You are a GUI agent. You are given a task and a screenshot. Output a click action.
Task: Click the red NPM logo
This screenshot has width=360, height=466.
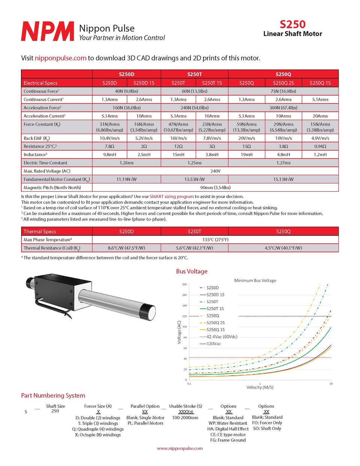(48, 31)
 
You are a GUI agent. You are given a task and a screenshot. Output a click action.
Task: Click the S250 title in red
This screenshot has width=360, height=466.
(292, 24)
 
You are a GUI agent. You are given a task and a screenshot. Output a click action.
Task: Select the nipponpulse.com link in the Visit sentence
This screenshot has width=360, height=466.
(60, 58)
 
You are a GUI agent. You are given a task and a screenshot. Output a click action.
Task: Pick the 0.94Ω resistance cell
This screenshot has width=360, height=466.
(320, 146)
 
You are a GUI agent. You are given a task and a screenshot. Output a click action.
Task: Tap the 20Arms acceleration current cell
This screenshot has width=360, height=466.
(320, 116)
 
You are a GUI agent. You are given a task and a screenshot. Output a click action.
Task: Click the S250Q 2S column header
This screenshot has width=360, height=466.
(283, 83)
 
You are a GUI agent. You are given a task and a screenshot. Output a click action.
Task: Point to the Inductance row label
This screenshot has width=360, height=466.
(35, 155)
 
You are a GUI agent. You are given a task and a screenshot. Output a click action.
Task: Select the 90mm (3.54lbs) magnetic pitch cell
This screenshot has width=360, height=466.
(215, 188)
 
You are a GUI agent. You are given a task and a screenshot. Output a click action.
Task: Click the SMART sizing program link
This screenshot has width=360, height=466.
(171, 197)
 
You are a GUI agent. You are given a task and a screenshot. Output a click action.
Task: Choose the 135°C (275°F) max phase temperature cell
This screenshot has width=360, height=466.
(215, 240)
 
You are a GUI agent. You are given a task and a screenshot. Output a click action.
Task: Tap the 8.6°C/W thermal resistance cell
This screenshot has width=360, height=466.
(126, 248)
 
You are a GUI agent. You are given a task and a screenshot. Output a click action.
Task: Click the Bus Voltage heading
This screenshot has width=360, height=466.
(192, 271)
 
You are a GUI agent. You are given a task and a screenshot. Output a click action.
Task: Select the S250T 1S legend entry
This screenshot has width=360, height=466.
(215, 309)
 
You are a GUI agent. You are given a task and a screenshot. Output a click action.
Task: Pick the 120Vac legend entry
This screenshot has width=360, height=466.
(213, 344)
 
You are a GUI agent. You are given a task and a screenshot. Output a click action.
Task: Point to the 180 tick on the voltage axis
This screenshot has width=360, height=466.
(184, 284)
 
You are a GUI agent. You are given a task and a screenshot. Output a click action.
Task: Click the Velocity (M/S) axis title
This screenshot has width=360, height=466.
(259, 387)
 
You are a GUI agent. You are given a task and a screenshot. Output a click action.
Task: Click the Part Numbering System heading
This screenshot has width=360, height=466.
(53, 395)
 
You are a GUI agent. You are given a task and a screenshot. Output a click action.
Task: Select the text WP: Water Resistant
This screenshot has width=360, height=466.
(228, 423)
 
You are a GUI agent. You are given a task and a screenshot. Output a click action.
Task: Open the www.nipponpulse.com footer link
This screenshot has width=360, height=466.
(180, 448)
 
